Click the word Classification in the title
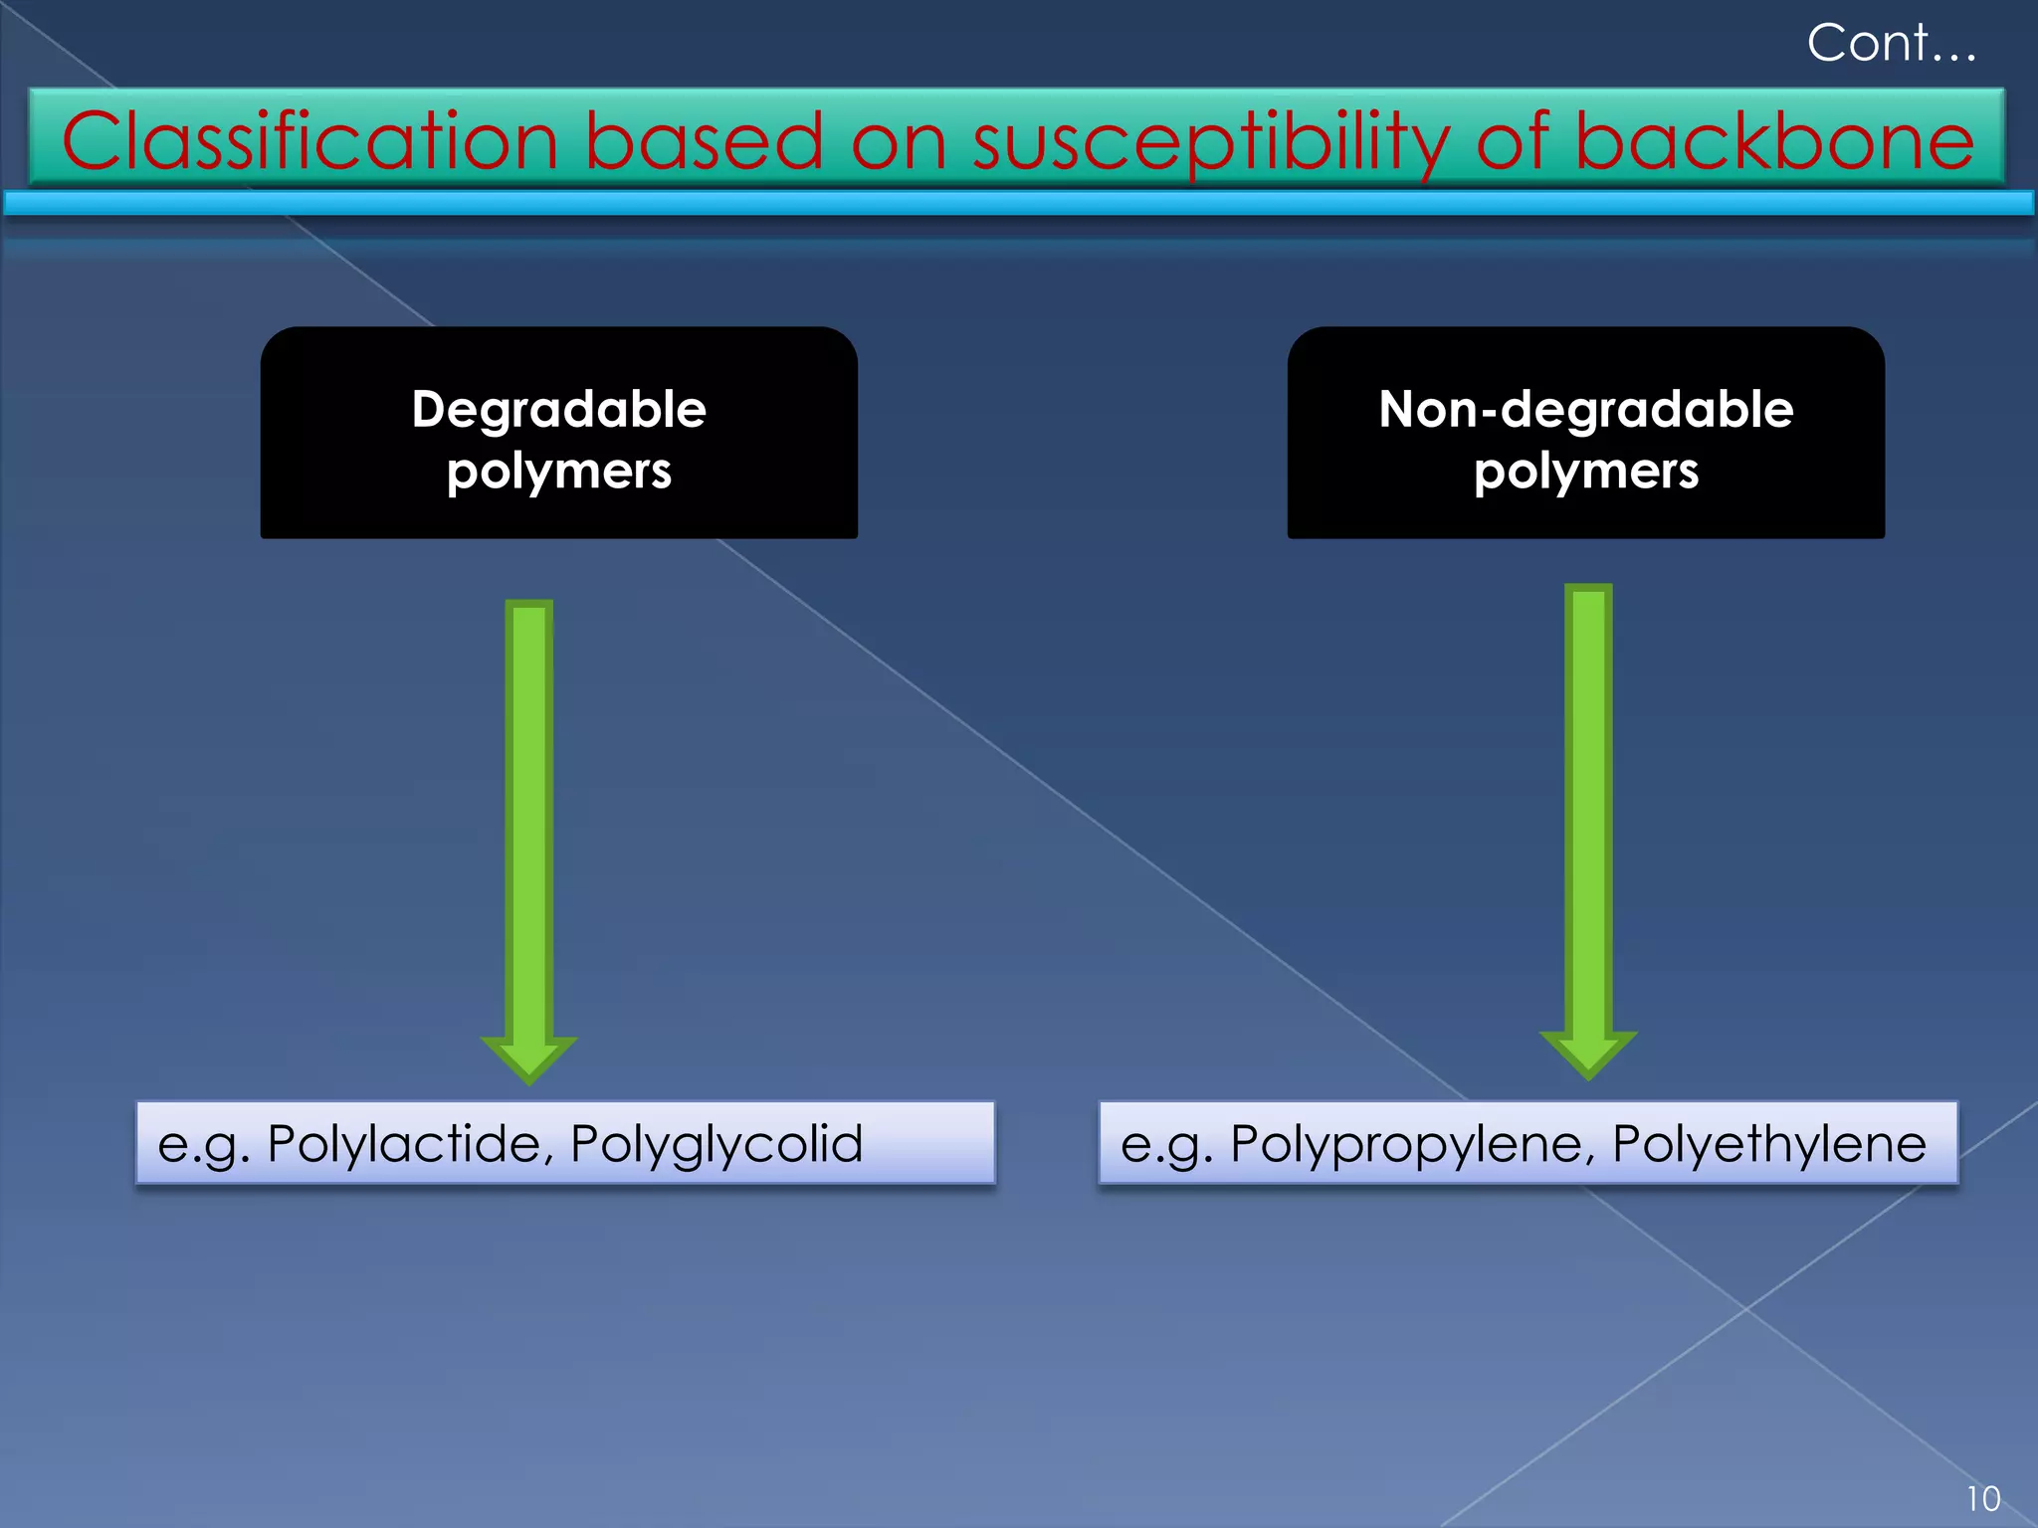(309, 141)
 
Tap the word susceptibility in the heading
(1210, 141)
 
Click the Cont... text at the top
(1891, 44)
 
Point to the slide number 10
(1982, 1498)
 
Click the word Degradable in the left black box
(558, 409)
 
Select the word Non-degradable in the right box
(1585, 409)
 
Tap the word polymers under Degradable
(558, 471)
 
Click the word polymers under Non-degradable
(1585, 471)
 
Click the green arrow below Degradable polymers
(528, 816)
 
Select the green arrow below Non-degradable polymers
(1588, 806)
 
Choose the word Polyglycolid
(716, 1144)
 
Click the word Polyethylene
(1769, 1144)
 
